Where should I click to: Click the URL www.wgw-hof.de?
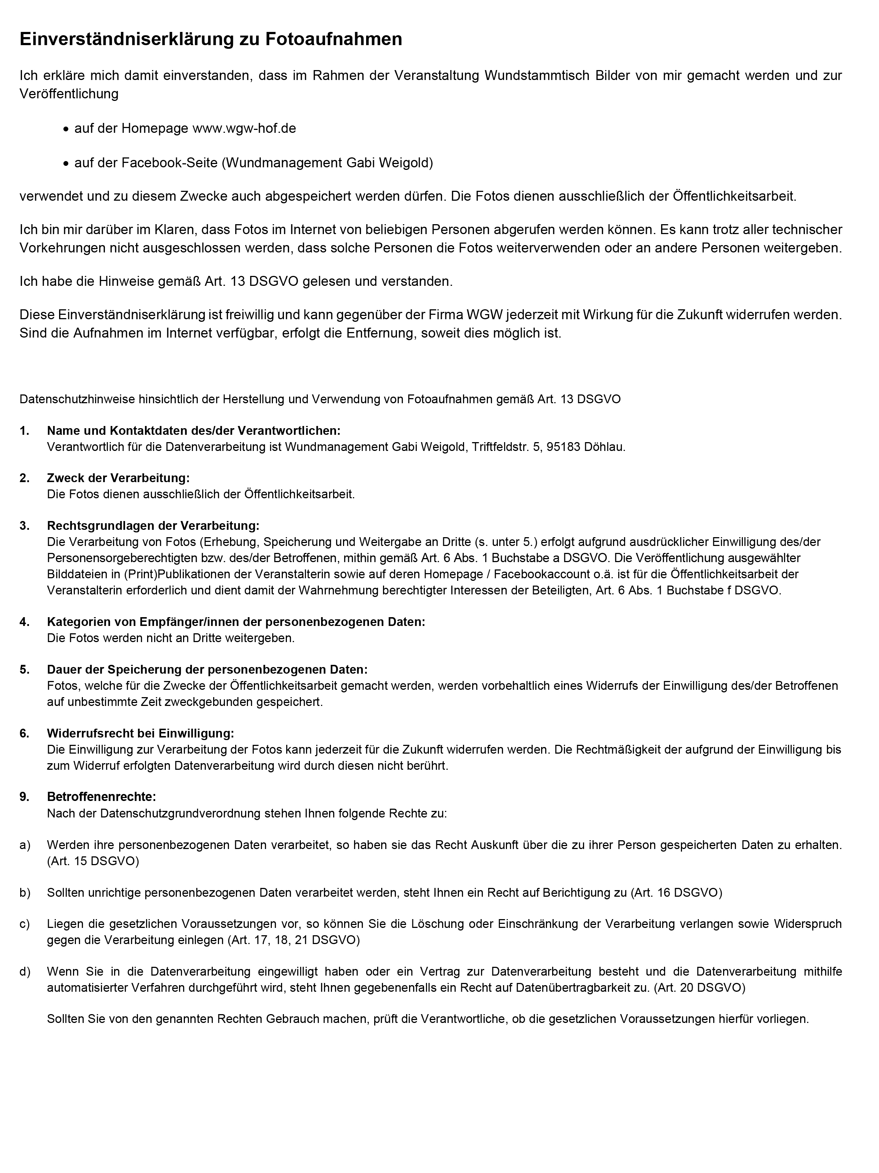coord(244,128)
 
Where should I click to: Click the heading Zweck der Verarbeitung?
coord(118,478)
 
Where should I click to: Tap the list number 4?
coord(24,622)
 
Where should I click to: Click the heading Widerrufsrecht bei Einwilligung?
coord(140,733)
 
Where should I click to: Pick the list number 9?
coord(24,797)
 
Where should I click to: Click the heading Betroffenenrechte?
coord(101,797)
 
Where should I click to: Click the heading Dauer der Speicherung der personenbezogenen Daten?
coord(207,669)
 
